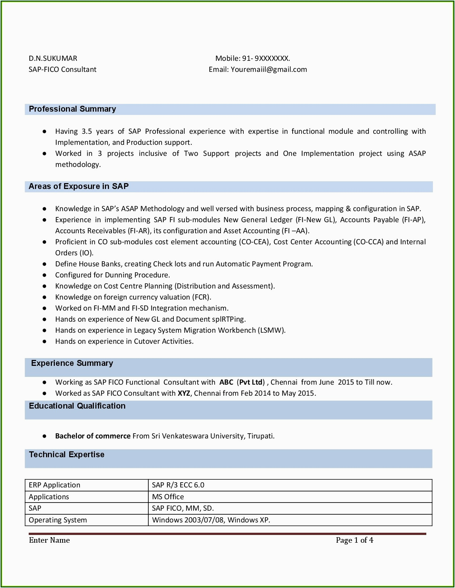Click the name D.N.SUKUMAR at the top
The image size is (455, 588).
(x=53, y=58)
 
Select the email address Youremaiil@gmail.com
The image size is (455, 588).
(x=269, y=69)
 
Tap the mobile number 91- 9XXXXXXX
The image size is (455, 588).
(x=266, y=58)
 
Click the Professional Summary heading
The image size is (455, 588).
(x=72, y=109)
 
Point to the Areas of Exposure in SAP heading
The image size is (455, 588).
(x=78, y=186)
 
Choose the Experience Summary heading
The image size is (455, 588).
(x=72, y=363)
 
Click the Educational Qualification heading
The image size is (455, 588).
(x=77, y=406)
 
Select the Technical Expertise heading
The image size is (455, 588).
(x=67, y=455)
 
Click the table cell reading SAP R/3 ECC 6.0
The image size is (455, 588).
(x=178, y=485)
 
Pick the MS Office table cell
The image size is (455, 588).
(x=168, y=497)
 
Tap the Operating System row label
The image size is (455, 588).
(x=58, y=520)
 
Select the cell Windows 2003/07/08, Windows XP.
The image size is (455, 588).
(x=211, y=520)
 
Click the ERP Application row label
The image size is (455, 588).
(x=54, y=485)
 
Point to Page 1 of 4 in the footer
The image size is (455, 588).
(x=355, y=540)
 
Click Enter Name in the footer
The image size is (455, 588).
(x=49, y=540)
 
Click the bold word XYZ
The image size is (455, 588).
(x=184, y=393)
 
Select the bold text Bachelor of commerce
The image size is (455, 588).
(x=93, y=436)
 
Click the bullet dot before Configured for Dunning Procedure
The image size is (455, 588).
(x=45, y=275)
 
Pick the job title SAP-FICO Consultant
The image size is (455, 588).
(x=63, y=69)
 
